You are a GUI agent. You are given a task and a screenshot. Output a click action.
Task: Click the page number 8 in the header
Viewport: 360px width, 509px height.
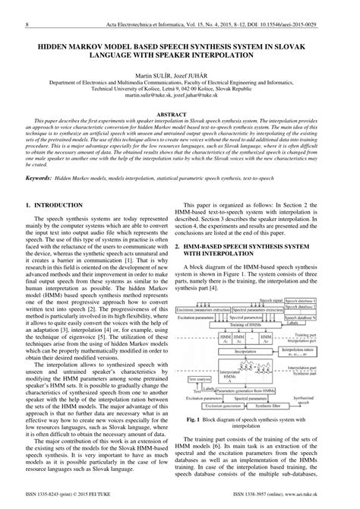[27, 5]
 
